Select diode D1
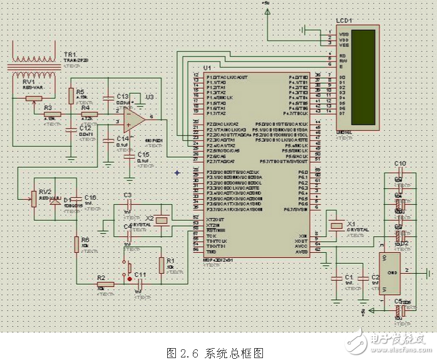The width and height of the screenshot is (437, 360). (55, 202)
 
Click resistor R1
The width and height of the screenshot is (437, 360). (162, 264)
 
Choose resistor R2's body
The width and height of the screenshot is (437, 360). (105, 285)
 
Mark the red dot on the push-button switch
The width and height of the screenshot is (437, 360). (129, 280)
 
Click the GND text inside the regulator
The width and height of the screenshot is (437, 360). (393, 273)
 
